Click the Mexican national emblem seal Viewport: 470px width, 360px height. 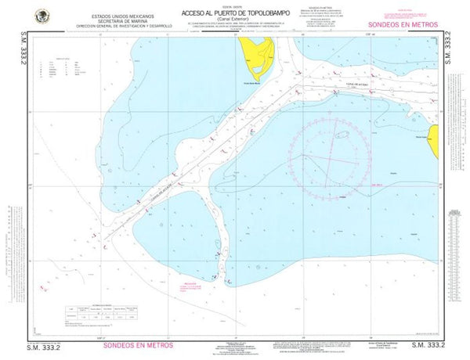click(x=41, y=15)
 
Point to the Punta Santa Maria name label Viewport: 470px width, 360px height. click(x=256, y=80)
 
